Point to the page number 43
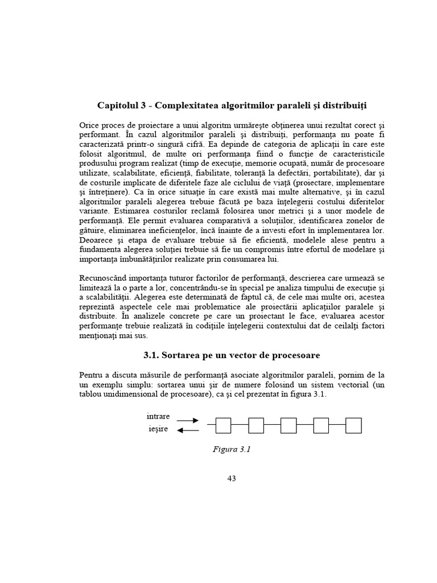pyautogui.click(x=231, y=478)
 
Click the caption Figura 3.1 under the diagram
pyautogui.click(x=232, y=449)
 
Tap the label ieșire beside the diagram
pyautogui.click(x=158, y=429)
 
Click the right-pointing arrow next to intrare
pyautogui.click(x=187, y=421)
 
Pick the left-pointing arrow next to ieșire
pyautogui.click(x=187, y=430)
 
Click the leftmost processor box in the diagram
pyautogui.click(x=223, y=425)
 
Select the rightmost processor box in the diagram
pyautogui.click(x=354, y=425)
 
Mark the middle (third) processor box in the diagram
pyautogui.click(x=288, y=425)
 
